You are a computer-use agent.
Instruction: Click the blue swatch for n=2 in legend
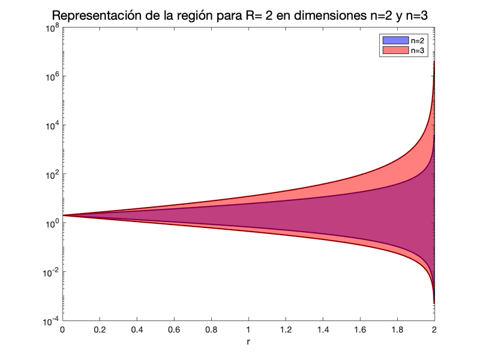point(392,40)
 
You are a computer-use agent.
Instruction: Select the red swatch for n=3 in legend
point(392,51)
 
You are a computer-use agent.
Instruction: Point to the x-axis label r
point(248,343)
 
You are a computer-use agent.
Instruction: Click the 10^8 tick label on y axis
point(50,28)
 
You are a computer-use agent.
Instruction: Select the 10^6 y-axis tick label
point(50,76)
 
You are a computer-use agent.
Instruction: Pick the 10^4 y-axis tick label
point(50,125)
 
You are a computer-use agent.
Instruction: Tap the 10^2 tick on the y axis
point(50,174)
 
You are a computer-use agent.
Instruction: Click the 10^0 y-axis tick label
point(50,223)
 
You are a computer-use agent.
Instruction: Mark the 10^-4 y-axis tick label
point(49,321)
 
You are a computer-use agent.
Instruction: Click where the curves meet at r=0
point(63,215)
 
